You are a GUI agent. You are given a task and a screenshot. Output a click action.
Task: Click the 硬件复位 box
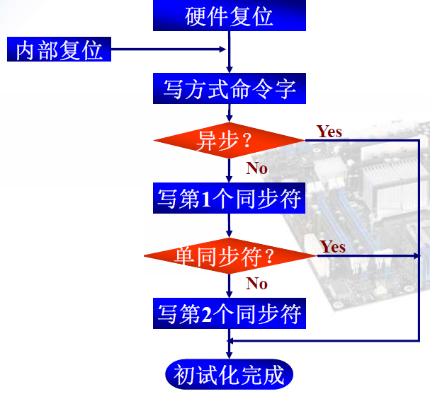coord(229,16)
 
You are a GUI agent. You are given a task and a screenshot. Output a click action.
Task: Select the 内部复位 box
coord(59,50)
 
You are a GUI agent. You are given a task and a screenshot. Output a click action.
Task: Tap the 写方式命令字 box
coord(229,90)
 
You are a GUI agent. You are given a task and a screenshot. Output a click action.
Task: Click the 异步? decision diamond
coord(229,141)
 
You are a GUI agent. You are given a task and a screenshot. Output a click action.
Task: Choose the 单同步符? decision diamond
coord(229,255)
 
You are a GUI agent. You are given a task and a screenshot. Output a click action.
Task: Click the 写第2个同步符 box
coord(229,314)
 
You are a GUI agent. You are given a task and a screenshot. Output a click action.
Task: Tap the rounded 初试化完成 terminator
coord(229,374)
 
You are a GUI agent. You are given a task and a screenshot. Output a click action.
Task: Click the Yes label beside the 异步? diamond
coord(329,132)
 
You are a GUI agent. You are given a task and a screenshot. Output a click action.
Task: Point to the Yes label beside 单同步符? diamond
coord(332,247)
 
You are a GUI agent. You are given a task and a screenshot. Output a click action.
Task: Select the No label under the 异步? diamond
coord(256,168)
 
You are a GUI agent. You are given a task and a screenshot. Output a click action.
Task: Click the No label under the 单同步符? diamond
coord(256,284)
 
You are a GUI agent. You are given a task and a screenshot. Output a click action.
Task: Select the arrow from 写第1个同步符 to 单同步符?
coord(229,226)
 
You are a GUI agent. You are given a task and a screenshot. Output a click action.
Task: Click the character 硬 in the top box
coord(196,16)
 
